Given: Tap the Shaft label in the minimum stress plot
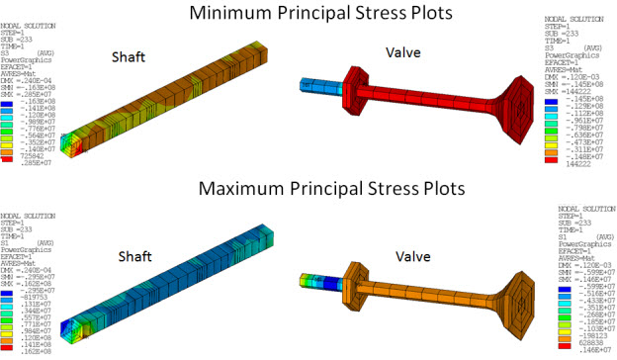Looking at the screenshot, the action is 130,55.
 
